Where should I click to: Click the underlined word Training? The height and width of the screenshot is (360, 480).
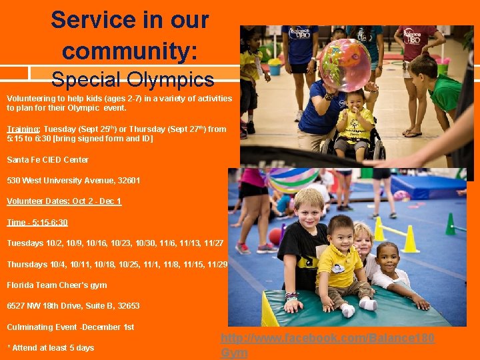(24, 129)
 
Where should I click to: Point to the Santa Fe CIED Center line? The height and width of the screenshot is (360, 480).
(47, 160)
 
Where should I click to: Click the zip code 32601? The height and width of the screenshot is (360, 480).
(127, 181)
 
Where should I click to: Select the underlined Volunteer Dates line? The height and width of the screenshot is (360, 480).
(64, 201)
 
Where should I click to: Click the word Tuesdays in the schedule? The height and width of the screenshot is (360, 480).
(25, 243)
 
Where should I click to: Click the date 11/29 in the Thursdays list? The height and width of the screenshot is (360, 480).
(217, 265)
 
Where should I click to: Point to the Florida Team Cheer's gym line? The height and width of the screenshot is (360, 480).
(57, 285)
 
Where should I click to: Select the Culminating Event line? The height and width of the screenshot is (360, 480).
(70, 327)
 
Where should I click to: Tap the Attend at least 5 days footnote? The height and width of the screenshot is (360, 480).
(50, 348)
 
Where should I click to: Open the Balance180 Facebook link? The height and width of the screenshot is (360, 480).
(327, 339)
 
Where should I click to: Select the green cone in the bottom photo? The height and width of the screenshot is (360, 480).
(450, 225)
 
